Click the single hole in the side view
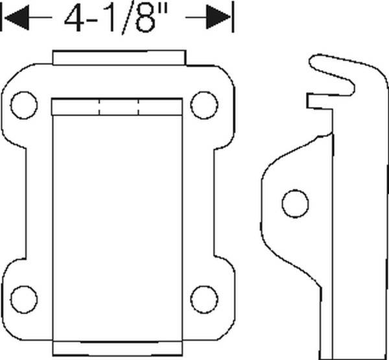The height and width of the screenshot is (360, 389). coord(295,202)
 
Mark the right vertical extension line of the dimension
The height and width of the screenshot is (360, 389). coord(233,18)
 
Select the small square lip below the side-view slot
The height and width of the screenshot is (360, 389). coord(314,101)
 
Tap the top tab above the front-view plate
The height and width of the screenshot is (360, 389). coord(119,57)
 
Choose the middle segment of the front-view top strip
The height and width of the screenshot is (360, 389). coord(119,108)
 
